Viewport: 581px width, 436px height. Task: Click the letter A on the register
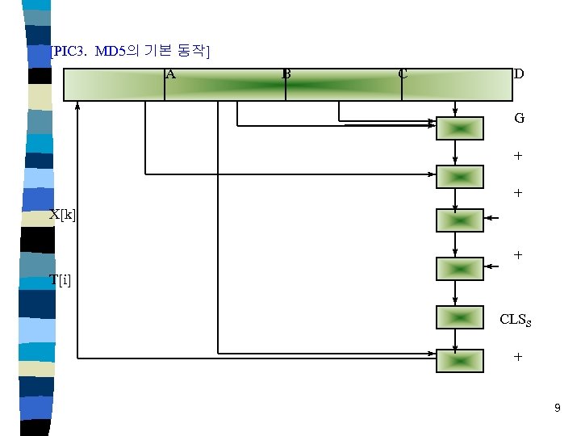170,75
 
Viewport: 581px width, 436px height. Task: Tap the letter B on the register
286,75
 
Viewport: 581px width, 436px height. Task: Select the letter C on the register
403,75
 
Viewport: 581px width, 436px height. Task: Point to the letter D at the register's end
519,74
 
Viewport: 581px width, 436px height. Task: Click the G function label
519,118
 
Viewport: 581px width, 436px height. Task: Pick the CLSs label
515,320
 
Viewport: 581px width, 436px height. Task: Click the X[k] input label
62,215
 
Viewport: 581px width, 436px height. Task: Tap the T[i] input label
61,280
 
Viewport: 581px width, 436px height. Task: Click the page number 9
557,409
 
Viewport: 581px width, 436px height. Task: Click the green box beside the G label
459,128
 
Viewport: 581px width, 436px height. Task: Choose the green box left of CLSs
459,317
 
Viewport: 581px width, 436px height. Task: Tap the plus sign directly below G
518,155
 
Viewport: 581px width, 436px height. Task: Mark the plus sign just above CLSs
518,255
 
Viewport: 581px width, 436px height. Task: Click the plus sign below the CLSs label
518,357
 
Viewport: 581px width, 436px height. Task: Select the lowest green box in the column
459,361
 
